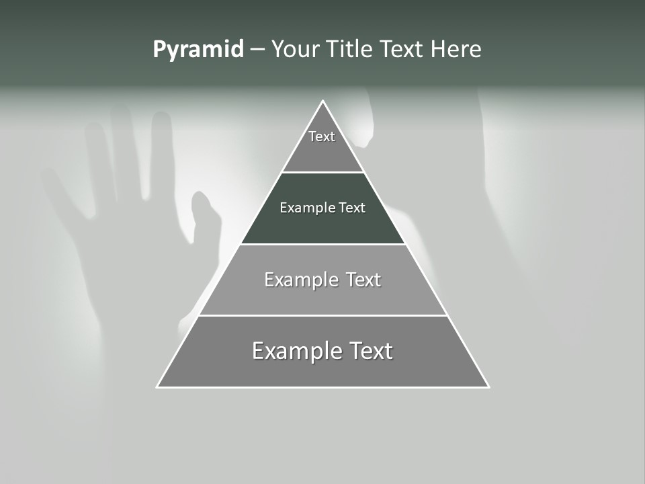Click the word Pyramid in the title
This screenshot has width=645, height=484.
(x=198, y=50)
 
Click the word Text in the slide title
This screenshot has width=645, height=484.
(x=402, y=50)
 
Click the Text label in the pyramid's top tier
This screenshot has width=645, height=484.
(x=322, y=136)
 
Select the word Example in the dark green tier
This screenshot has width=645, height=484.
(x=307, y=208)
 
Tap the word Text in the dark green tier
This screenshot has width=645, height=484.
(x=352, y=208)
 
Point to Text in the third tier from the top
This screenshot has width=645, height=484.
(x=363, y=280)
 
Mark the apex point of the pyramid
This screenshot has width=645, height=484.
(x=323, y=102)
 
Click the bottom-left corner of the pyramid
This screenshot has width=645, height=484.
(x=158, y=387)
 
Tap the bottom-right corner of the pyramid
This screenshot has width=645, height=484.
(x=488, y=387)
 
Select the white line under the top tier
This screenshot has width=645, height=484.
(x=323, y=172)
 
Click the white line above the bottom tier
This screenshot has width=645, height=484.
(x=323, y=315)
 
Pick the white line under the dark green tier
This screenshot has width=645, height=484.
(x=323, y=244)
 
